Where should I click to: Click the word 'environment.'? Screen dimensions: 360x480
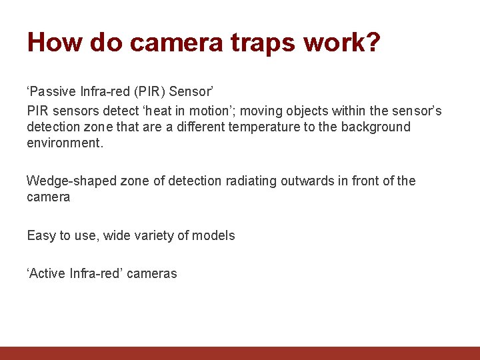click(65, 143)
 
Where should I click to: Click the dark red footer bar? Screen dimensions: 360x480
click(240, 353)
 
